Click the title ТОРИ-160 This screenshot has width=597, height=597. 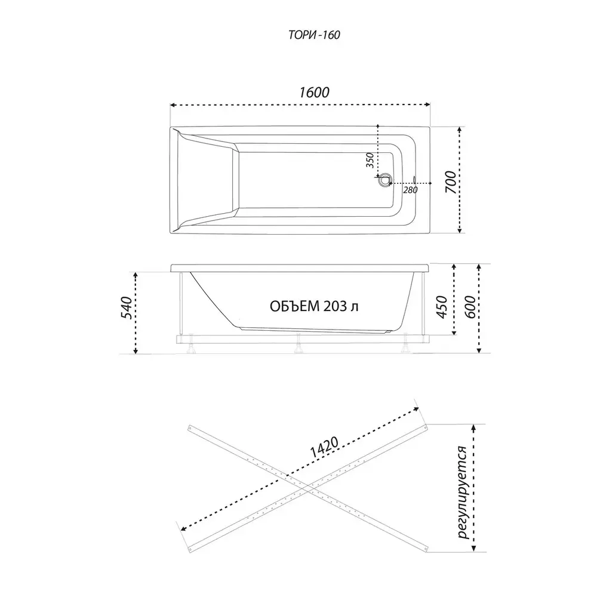(x=314, y=35)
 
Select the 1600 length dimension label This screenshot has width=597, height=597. (x=314, y=93)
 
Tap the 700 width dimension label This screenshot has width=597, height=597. (x=451, y=182)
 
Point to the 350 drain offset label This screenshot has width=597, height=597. (x=370, y=160)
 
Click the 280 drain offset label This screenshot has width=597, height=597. (x=411, y=190)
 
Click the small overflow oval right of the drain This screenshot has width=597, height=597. (x=414, y=179)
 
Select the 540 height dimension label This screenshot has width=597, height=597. (x=126, y=307)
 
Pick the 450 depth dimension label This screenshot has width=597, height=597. (x=442, y=307)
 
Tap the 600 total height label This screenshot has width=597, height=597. (x=470, y=307)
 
